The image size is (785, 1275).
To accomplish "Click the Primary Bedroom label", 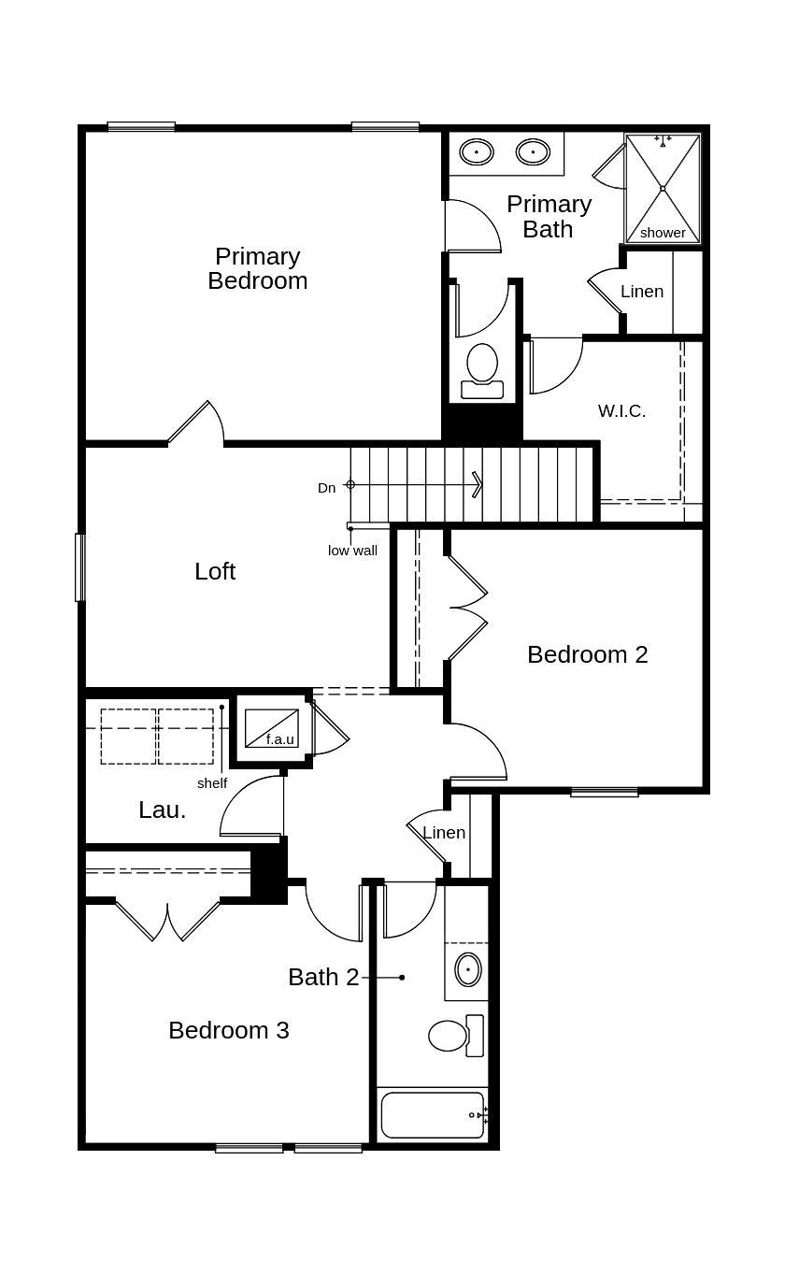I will [x=258, y=268].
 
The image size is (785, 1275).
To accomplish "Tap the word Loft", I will [x=215, y=571].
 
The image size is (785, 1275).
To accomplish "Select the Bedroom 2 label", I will [x=587, y=654].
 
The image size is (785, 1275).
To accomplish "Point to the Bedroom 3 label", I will [x=229, y=1030].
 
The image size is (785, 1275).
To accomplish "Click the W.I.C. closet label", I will [x=621, y=410].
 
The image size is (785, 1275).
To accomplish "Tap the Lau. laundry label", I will [x=163, y=810].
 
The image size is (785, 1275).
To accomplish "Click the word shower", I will [x=663, y=233].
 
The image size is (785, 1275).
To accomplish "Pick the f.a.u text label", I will [x=279, y=739].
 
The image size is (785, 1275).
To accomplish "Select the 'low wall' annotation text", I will [x=352, y=551].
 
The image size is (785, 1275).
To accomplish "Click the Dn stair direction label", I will [x=326, y=488].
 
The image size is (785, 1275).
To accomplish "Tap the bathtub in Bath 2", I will [x=433, y=1114].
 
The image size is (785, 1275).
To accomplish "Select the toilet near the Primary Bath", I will [x=482, y=367].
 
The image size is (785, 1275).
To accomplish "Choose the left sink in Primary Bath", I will [x=477, y=151].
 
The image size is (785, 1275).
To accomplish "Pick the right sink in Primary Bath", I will [x=533, y=151].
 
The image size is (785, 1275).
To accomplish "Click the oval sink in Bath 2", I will [x=468, y=969].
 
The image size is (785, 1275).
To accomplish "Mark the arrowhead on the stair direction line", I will [x=478, y=484].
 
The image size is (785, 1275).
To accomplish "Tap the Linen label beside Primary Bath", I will [x=642, y=292].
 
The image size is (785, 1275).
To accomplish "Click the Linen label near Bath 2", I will [x=444, y=832].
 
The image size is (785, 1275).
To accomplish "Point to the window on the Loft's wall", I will [x=80, y=566].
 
